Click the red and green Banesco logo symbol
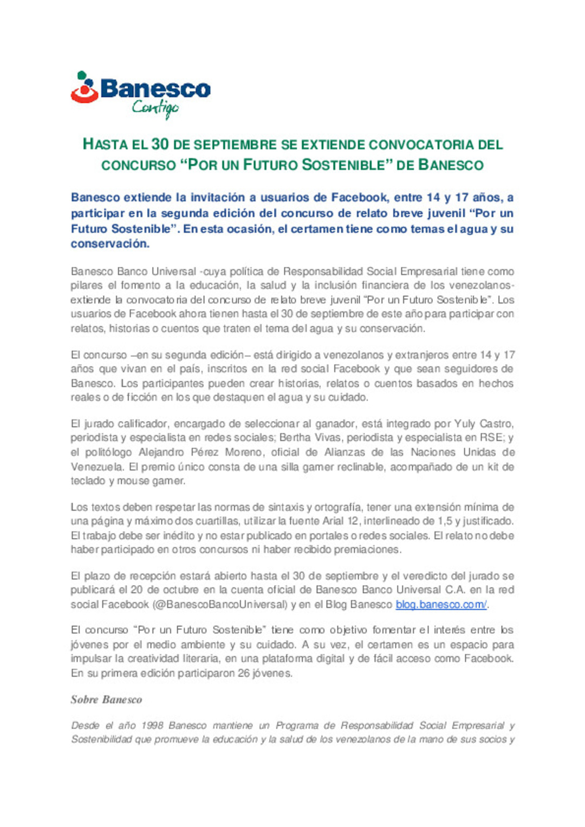[84, 88]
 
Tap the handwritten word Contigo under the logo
[155, 108]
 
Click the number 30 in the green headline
[160, 145]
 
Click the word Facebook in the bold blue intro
[359, 198]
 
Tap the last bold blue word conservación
[110, 244]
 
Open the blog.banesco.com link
[441, 605]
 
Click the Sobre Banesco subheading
[106, 700]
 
